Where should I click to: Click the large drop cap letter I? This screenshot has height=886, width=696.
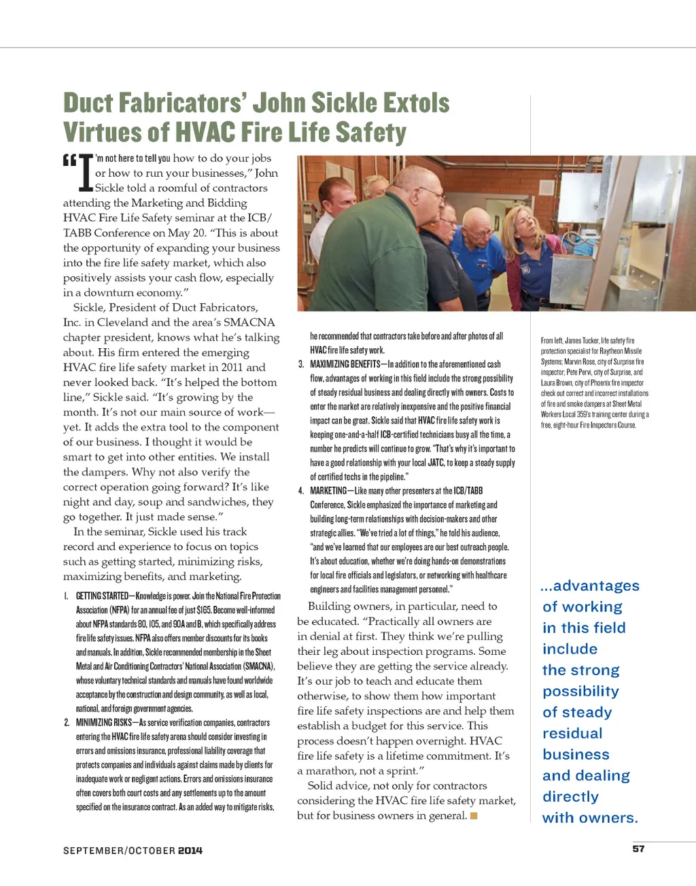coord(86,174)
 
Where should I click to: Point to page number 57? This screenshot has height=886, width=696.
coord(638,849)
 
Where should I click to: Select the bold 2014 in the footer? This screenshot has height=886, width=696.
coord(190,851)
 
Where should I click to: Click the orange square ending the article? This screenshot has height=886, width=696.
coord(474,815)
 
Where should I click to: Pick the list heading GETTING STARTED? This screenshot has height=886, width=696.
coord(102,596)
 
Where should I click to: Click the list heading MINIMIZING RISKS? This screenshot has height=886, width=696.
coord(104,722)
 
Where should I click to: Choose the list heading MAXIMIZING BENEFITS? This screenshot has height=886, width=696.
coord(345,364)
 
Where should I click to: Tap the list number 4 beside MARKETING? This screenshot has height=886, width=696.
coord(300,490)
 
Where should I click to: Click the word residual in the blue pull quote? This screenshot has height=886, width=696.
coord(572,733)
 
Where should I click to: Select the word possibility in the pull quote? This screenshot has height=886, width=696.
coord(580,691)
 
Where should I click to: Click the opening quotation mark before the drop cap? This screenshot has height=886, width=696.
coord(69,161)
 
